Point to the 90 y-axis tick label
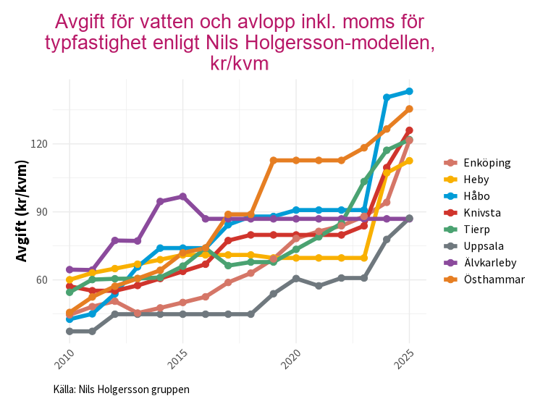pos(41,212)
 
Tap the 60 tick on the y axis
pos(41,280)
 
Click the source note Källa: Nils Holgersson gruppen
pos(122,389)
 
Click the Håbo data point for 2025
pos(409,91)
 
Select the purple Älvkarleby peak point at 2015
pos(182,196)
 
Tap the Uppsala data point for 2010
pos(69,332)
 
